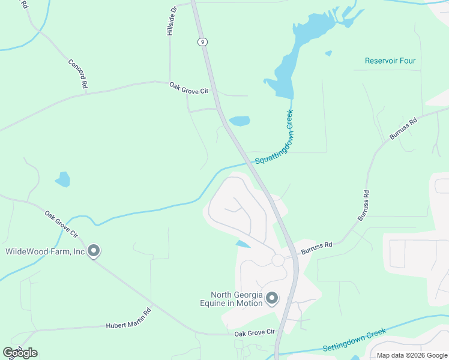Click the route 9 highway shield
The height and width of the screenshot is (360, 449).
pos(203,41)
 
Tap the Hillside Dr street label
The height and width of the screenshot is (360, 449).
pos(173,20)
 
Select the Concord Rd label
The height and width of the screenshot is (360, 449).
pos(78,74)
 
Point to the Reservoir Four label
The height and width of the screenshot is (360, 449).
pos(390,61)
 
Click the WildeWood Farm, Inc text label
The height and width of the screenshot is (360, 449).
pos(45,251)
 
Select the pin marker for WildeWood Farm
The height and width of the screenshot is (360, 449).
pos(93,251)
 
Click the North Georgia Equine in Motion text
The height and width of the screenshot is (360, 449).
pos(236,298)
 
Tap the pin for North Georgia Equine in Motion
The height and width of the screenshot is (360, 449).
pos(272,298)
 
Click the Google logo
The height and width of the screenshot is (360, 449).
pos(20,352)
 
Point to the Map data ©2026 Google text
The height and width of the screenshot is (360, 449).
pos(412,355)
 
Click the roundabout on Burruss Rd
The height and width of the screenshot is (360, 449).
pos(277,260)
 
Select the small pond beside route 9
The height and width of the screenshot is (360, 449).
pos(239,121)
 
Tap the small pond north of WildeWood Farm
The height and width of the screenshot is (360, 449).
pos(62,179)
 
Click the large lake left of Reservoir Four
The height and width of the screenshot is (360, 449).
pos(288,66)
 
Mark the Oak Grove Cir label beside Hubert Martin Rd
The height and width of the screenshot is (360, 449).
pos(254,332)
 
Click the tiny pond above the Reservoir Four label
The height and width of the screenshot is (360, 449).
pos(328,53)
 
